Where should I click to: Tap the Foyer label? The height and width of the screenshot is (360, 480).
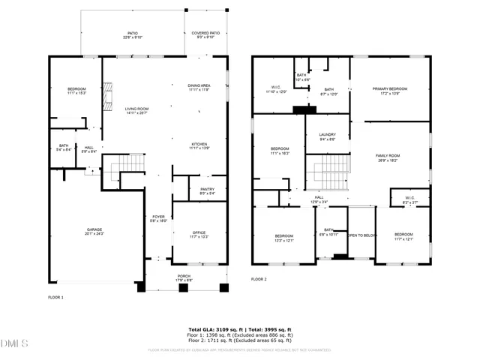click(158, 218)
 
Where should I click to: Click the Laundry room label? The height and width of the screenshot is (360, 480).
click(327, 136)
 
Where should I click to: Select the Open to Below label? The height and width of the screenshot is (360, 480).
click(361, 235)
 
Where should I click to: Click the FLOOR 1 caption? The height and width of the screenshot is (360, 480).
click(56, 298)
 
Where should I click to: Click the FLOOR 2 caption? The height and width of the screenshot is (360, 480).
click(259, 279)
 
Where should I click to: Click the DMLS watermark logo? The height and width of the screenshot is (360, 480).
click(13, 344)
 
